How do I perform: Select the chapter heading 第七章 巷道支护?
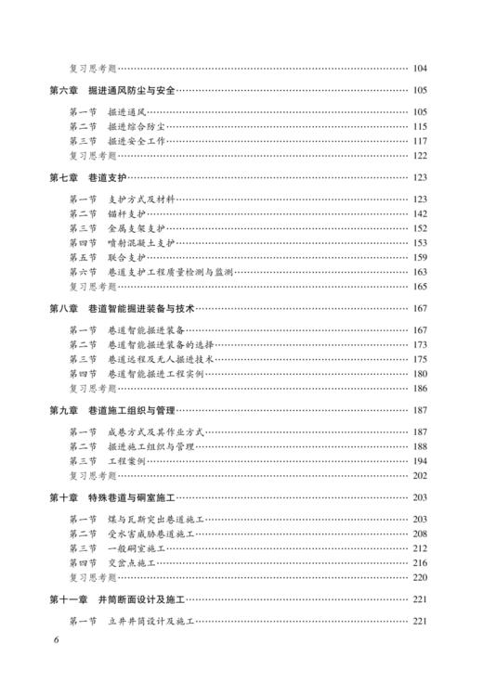(86, 176)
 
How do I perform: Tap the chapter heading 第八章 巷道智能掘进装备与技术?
(121, 307)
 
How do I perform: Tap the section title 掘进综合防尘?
(137, 126)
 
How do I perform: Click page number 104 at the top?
(419, 68)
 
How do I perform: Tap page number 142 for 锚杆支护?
(419, 213)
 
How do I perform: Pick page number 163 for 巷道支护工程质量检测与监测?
(419, 272)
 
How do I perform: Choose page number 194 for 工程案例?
(419, 460)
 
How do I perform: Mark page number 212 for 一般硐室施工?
(419, 547)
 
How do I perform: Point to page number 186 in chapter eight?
(419, 388)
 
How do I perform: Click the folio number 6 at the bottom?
(56, 665)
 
